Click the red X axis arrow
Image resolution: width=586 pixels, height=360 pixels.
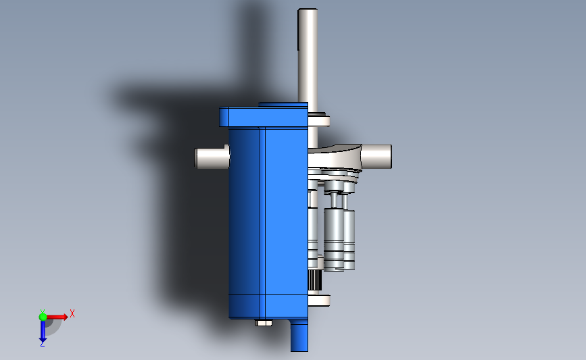tap(57, 316)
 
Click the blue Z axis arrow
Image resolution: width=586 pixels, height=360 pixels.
tap(42, 330)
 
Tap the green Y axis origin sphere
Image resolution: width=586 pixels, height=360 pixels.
tap(43, 316)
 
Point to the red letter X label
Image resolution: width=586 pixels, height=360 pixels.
tap(72, 313)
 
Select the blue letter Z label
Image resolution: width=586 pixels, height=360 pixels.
tap(42, 344)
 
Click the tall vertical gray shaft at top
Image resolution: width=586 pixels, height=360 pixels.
tap(308, 54)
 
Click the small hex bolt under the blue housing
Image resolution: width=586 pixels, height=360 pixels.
tap(263, 323)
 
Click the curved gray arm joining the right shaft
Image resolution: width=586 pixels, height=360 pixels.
tap(338, 157)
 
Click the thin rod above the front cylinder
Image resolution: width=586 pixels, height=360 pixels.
tap(334, 201)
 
